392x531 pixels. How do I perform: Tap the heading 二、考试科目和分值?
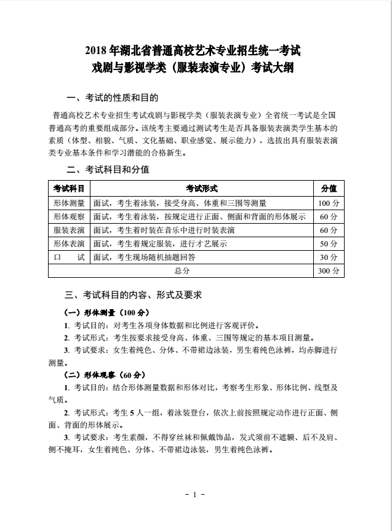(x=108, y=169)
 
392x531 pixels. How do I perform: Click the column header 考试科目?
(x=69, y=188)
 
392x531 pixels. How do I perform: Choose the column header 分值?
(x=329, y=188)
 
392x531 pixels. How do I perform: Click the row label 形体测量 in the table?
(x=69, y=203)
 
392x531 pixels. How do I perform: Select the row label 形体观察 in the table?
(x=69, y=217)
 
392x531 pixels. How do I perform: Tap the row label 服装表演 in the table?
(x=69, y=230)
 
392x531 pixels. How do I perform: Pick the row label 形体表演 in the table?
(x=69, y=244)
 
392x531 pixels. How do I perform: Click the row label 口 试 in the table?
(x=69, y=258)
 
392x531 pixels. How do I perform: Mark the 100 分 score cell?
(x=329, y=203)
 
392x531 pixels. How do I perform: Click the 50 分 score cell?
(x=329, y=244)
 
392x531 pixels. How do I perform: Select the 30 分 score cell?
(x=329, y=258)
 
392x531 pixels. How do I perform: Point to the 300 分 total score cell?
(x=329, y=271)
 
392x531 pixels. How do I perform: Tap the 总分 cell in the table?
(x=182, y=271)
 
